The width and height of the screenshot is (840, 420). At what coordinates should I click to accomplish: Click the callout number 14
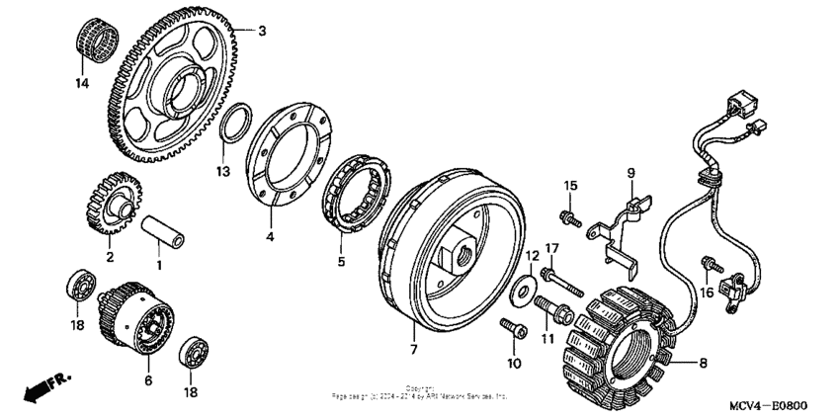pyautogui.click(x=81, y=83)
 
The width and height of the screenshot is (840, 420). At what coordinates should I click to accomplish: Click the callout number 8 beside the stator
pyautogui.click(x=703, y=364)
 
